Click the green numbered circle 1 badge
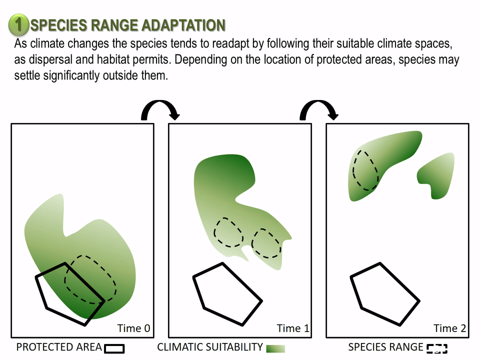tap(18, 24)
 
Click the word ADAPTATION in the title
tap(183, 25)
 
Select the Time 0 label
tap(134, 328)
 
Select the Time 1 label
tap(293, 328)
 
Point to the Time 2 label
tap(449, 328)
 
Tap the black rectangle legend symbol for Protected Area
tap(114, 348)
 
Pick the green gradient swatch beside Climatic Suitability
tap(275, 348)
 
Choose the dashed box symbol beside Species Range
tap(437, 348)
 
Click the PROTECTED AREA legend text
tap(59, 347)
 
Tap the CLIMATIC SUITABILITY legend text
tap(210, 347)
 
